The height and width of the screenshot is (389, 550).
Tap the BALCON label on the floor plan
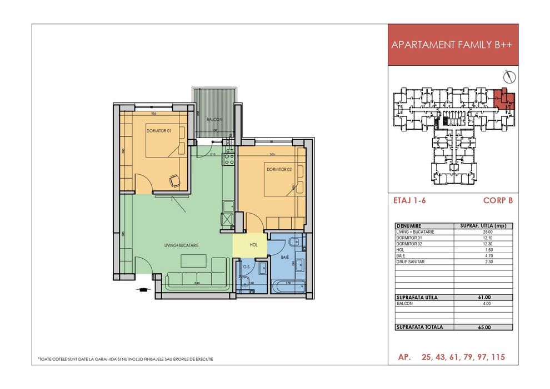[214, 119]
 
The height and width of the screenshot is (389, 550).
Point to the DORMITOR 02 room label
[279, 169]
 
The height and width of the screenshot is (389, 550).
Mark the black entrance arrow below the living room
[142, 289]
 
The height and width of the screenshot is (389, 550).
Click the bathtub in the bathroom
[288, 288]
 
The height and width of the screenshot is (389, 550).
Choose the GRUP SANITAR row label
[411, 261]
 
